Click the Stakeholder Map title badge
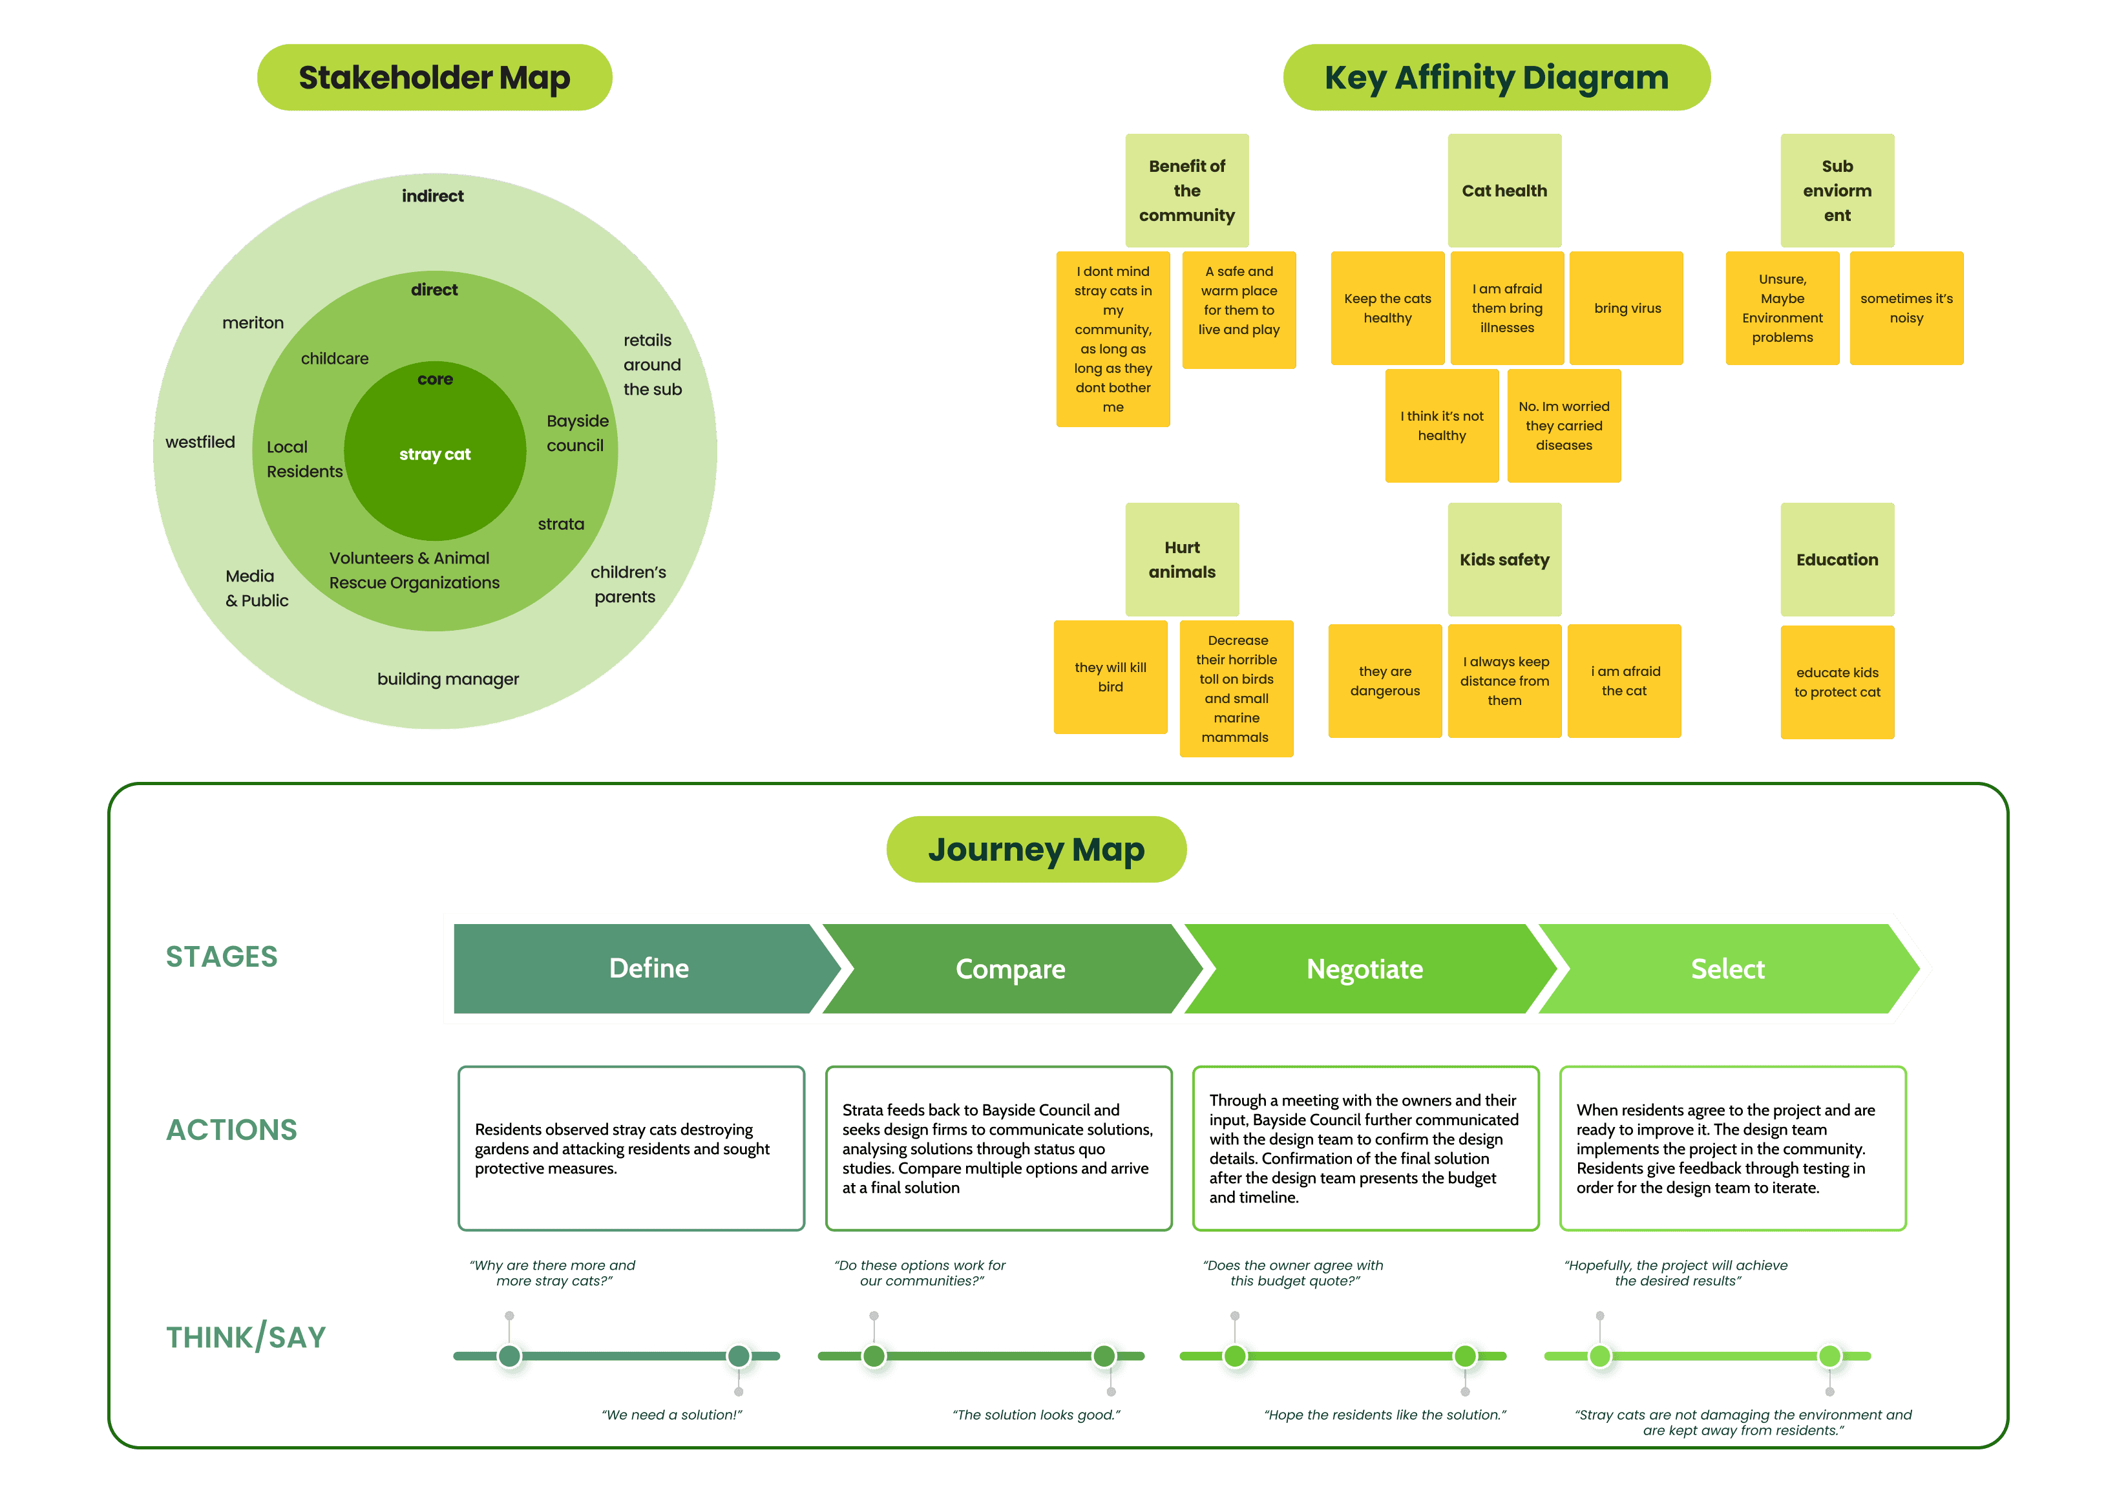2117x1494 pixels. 434,78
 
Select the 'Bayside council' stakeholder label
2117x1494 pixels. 577,432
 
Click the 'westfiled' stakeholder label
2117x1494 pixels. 200,442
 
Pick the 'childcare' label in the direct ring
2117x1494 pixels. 335,358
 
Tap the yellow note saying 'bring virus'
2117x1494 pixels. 1627,308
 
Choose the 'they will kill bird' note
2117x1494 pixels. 1110,677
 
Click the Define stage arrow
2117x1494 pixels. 648,969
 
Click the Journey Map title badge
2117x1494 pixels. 1037,849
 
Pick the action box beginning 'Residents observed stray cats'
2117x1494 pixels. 631,1148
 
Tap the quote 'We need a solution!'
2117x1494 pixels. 672,1415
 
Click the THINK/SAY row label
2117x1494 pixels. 246,1336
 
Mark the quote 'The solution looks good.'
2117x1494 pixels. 1037,1415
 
